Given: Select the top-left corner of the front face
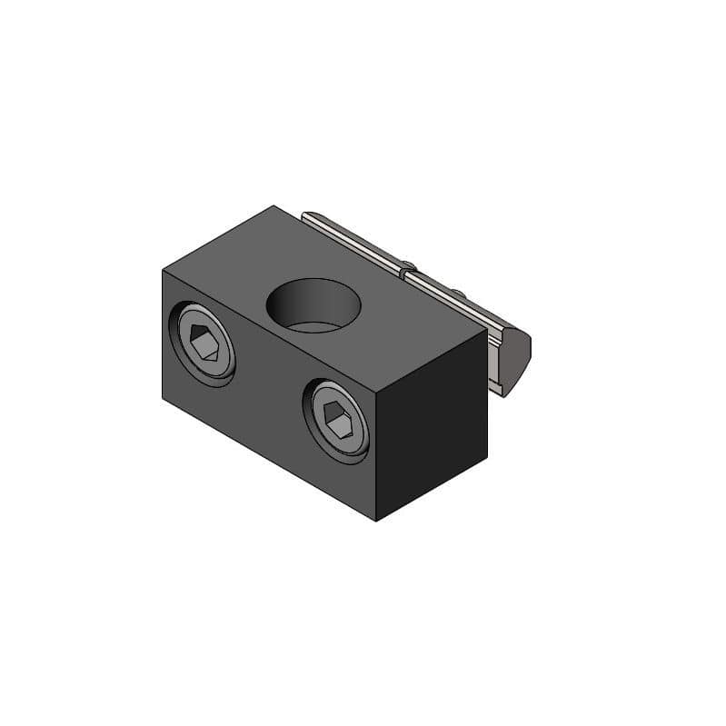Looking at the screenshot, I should tap(164, 271).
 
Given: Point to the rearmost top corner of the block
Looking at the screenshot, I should tap(274, 206).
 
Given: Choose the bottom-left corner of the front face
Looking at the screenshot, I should tap(164, 397).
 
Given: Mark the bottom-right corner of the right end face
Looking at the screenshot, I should tap(487, 457).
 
